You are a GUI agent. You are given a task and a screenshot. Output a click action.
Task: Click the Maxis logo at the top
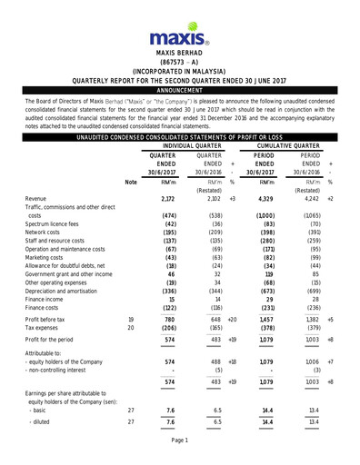coord(179,37)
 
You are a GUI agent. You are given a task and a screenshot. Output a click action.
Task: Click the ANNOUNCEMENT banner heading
coord(179,92)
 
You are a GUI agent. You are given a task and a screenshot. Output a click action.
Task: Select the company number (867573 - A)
coord(179,63)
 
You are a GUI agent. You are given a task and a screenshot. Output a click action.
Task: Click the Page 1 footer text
coord(179,440)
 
